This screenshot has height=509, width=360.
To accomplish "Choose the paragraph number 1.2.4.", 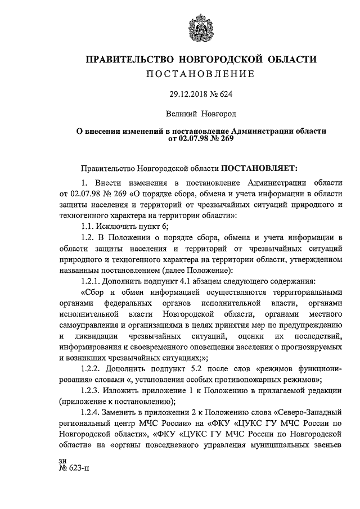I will [x=93, y=412].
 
